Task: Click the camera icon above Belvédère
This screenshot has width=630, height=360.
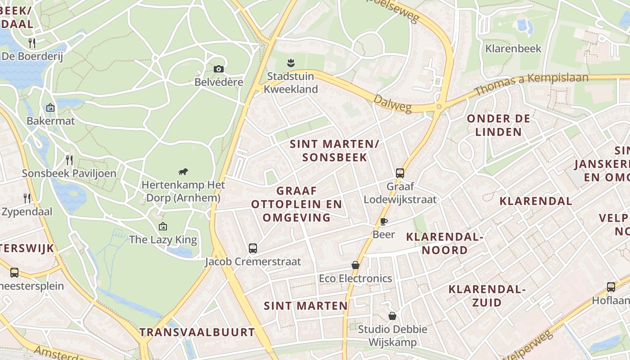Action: point(219,69)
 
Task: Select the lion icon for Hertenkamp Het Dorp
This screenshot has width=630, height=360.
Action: point(183,171)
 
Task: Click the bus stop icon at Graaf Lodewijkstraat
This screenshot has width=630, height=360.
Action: point(400,173)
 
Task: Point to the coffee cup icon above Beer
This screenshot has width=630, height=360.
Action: point(383,221)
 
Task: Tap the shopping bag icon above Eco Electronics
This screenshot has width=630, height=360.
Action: point(355,265)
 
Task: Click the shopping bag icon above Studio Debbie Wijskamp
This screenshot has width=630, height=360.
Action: point(392,316)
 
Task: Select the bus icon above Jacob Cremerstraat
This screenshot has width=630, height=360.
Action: point(253,248)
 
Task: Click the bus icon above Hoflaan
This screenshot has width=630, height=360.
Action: point(611,287)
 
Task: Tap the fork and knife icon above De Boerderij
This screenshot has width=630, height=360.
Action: point(32,43)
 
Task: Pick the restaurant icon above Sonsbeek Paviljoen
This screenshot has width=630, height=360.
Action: point(69,160)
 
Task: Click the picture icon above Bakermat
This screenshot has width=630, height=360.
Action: point(50,108)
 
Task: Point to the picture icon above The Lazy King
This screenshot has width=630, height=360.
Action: point(163,226)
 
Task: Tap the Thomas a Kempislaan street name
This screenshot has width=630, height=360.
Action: point(531,84)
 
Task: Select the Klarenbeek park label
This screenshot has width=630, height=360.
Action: point(513,49)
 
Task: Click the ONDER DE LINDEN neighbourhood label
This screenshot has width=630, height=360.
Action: point(499,125)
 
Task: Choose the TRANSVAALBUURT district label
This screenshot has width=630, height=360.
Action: point(197,333)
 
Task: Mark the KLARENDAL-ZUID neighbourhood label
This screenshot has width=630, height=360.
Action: point(487,296)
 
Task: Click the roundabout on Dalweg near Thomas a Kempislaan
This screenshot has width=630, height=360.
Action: point(439,107)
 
